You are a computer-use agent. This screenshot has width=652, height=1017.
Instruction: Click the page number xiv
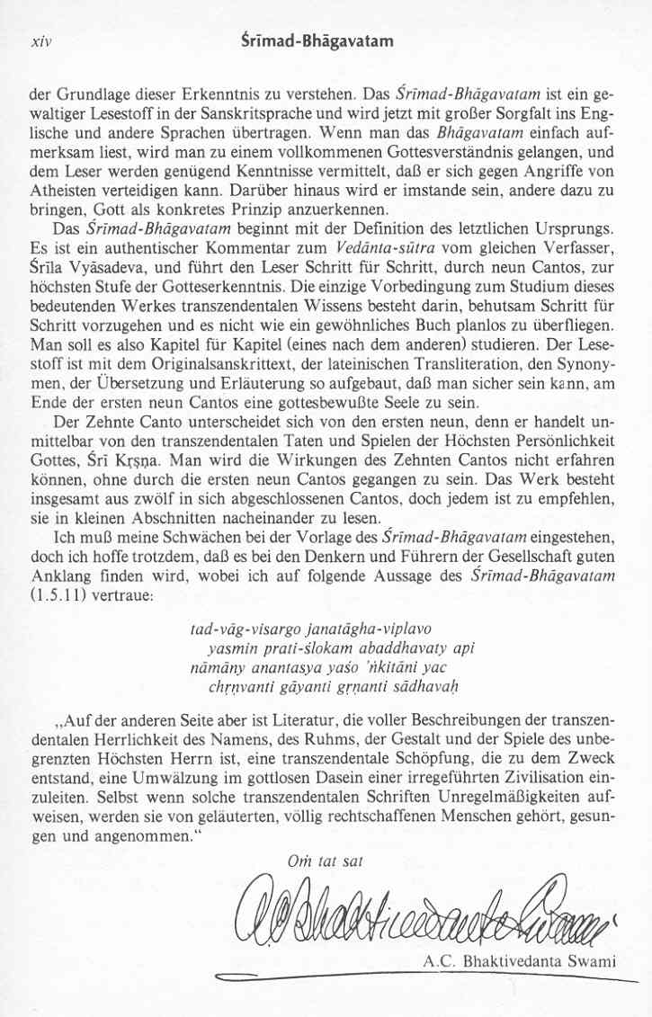click(40, 41)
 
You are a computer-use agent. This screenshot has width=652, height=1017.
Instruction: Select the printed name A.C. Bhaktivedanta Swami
click(519, 962)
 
